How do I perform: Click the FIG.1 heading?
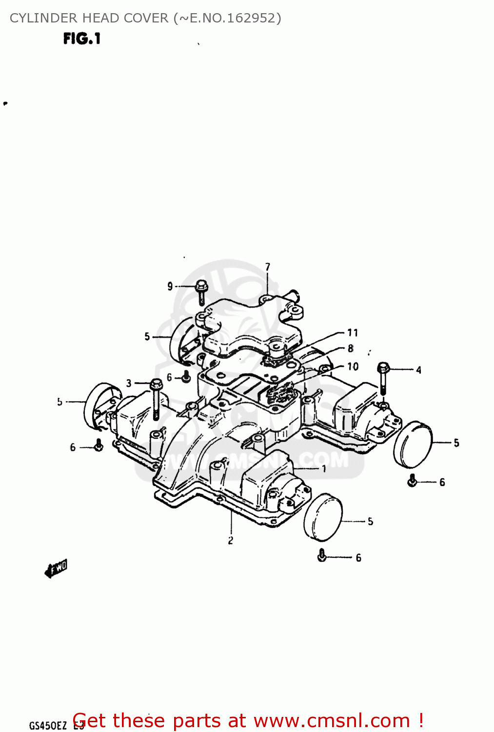81,39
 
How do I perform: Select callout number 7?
268,266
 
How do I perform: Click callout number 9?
170,286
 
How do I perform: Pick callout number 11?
353,333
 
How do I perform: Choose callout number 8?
350,348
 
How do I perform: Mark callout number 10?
353,366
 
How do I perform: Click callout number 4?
418,370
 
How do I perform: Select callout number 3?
129,383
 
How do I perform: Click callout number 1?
324,468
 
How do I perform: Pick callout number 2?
231,540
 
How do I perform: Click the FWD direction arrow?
56,569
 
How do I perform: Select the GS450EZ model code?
48,725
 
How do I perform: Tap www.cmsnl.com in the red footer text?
332,721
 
